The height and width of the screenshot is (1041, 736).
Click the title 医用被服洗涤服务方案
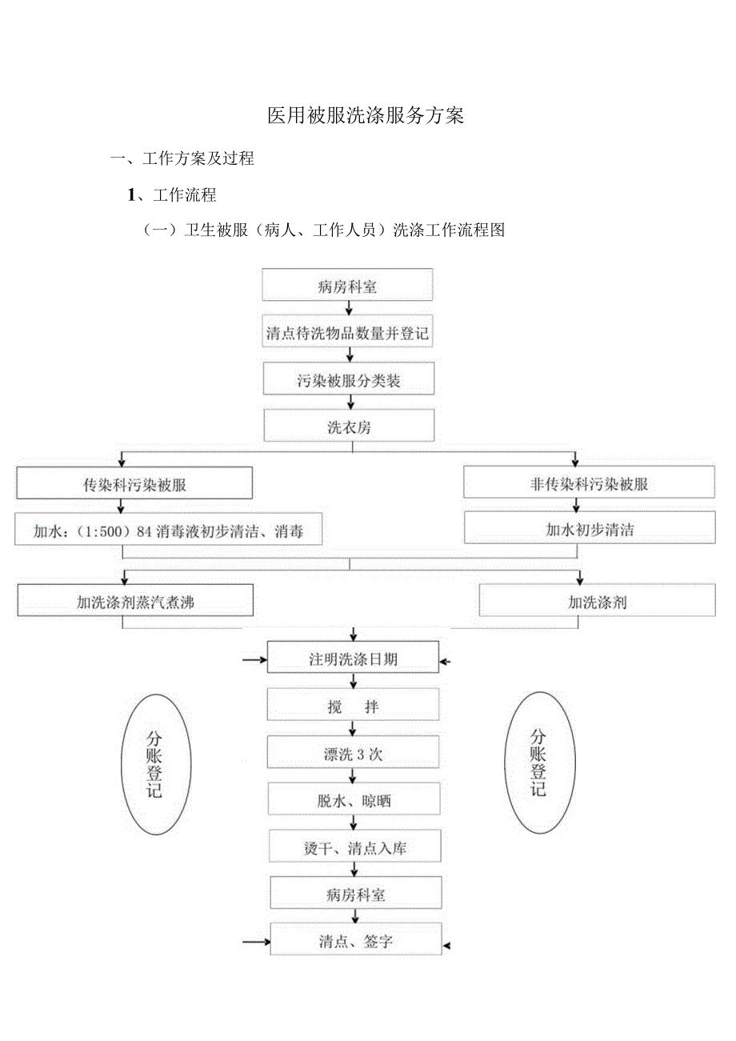(366, 116)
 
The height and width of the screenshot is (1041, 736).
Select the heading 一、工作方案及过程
(182, 158)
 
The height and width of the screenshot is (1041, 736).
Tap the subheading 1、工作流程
(172, 194)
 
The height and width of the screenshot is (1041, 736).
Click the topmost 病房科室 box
(348, 286)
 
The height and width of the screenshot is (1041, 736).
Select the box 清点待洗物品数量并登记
(348, 333)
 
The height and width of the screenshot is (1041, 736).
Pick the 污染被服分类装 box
(349, 380)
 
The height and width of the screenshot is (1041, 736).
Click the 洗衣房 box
(349, 426)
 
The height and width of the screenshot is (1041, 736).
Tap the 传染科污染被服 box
(134, 484)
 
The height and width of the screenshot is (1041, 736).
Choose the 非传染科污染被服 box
(590, 484)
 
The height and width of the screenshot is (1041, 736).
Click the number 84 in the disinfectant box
(145, 531)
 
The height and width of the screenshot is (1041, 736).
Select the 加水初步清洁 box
(590, 529)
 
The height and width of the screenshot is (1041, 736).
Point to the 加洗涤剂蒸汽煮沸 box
(135, 602)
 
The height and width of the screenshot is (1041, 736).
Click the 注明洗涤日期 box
(353, 659)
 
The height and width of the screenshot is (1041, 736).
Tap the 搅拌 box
(353, 707)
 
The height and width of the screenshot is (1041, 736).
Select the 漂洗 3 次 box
(353, 753)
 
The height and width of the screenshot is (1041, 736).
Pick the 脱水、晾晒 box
(353, 800)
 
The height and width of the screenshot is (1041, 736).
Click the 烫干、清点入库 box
(354, 847)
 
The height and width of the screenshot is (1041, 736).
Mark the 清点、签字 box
(355, 941)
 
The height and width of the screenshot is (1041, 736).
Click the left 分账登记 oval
(155, 763)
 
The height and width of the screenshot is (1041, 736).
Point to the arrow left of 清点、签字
(256, 942)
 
